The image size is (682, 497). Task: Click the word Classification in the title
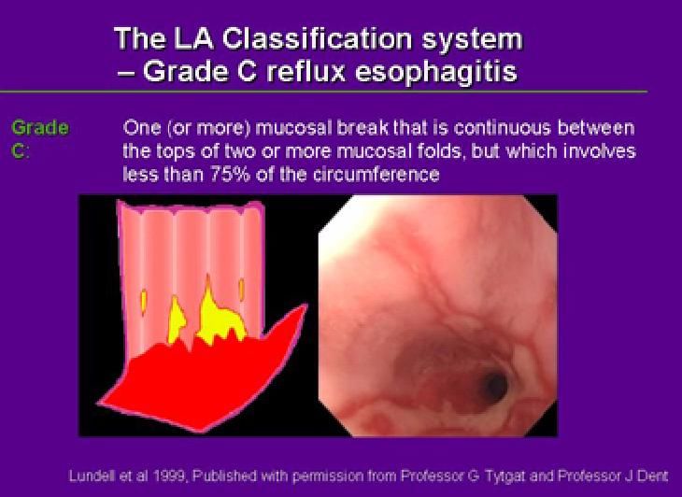[x=316, y=38]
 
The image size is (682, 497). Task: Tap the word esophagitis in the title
[x=436, y=72]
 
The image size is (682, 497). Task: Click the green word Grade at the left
[x=40, y=129]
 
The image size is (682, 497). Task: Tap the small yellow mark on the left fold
[x=144, y=301]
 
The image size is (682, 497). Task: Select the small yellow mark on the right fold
[x=241, y=289]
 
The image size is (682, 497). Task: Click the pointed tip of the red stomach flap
[x=305, y=305]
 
